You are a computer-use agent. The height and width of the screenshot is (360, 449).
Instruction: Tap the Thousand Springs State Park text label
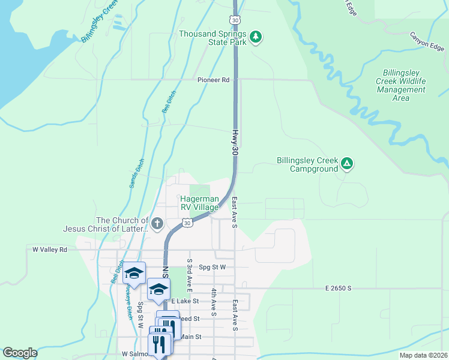[x=213, y=38]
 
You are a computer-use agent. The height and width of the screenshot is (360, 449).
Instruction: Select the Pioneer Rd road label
[x=214, y=80]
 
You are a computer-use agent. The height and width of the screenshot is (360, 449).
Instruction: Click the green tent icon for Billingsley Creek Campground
[x=347, y=163]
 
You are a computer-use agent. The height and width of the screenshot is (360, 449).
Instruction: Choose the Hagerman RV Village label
[x=200, y=203]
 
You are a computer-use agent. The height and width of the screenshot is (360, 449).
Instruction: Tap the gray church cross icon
[x=157, y=224]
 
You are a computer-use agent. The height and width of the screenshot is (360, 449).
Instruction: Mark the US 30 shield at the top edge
[x=236, y=20]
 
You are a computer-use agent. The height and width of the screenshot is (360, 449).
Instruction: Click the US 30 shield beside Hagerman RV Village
[x=187, y=223]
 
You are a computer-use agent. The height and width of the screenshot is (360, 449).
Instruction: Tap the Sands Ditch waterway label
[x=137, y=173]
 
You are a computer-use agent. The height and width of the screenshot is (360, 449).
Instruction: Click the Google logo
[x=20, y=353]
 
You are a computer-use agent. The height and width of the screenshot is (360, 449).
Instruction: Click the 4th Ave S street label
[x=213, y=302]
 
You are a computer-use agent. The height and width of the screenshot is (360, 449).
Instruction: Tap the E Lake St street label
[x=185, y=301]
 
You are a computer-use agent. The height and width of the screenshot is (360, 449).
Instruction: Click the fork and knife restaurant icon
[x=159, y=344]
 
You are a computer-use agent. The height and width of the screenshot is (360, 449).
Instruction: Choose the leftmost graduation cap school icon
[x=134, y=273]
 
